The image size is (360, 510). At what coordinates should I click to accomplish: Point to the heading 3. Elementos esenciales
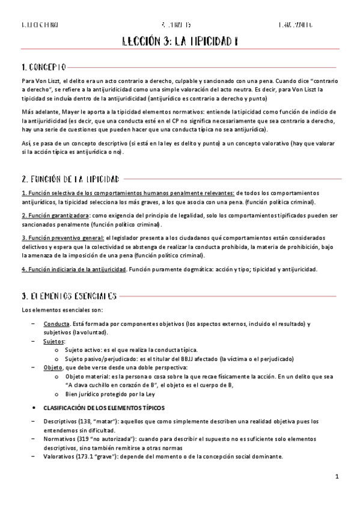(x=69, y=296)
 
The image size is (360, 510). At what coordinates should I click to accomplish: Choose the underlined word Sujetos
(x=54, y=340)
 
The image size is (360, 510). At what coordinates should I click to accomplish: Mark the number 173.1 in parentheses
(x=90, y=456)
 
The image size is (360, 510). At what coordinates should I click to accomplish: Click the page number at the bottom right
(x=338, y=477)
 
